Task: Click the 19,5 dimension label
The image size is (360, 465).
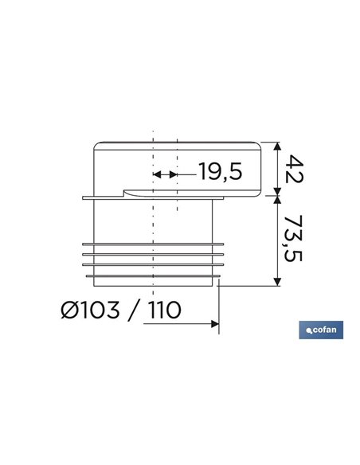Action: pos(221,171)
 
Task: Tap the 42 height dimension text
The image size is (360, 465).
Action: pos(294,169)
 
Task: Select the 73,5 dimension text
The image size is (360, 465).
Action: pos(293,238)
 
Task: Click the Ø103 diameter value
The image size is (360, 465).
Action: pos(91,310)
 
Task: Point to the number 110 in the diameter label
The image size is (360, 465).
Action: pos(165,310)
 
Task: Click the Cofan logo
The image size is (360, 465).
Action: pos(321,330)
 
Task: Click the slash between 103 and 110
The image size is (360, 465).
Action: pos(134,311)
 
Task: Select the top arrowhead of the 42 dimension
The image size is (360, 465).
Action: pos(277,147)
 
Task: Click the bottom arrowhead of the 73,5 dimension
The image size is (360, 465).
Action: pos(277,282)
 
